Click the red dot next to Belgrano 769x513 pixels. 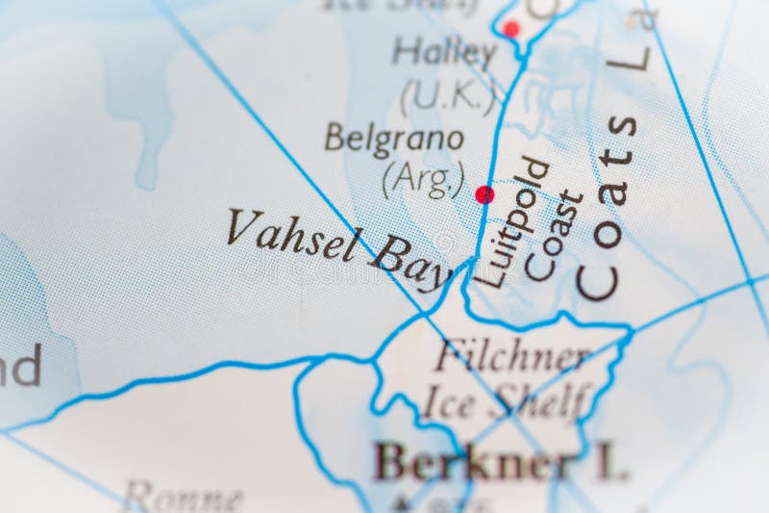484,194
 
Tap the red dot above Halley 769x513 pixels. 511,29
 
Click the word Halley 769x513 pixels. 444,52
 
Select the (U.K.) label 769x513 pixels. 448,95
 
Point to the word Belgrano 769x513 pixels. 394,139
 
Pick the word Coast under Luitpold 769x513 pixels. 555,236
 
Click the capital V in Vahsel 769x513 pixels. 240,226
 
